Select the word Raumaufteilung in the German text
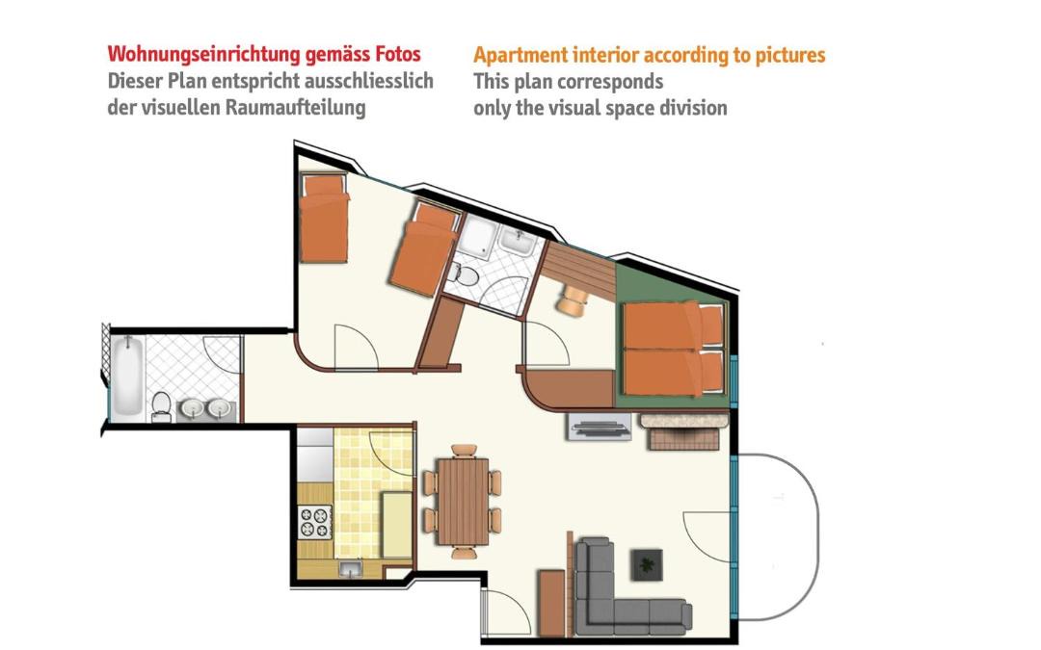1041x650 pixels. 296,108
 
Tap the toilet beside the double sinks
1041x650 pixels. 161,406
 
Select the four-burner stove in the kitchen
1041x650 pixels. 314,521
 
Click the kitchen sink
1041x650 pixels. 350,569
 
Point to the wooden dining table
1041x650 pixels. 464,502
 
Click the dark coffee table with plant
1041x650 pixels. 646,564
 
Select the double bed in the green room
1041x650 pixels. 673,349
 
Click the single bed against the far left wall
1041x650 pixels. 323,218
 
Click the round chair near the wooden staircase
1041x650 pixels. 573,299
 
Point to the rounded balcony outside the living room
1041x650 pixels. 778,536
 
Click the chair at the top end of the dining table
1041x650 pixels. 464,451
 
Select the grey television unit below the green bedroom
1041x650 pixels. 599,428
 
